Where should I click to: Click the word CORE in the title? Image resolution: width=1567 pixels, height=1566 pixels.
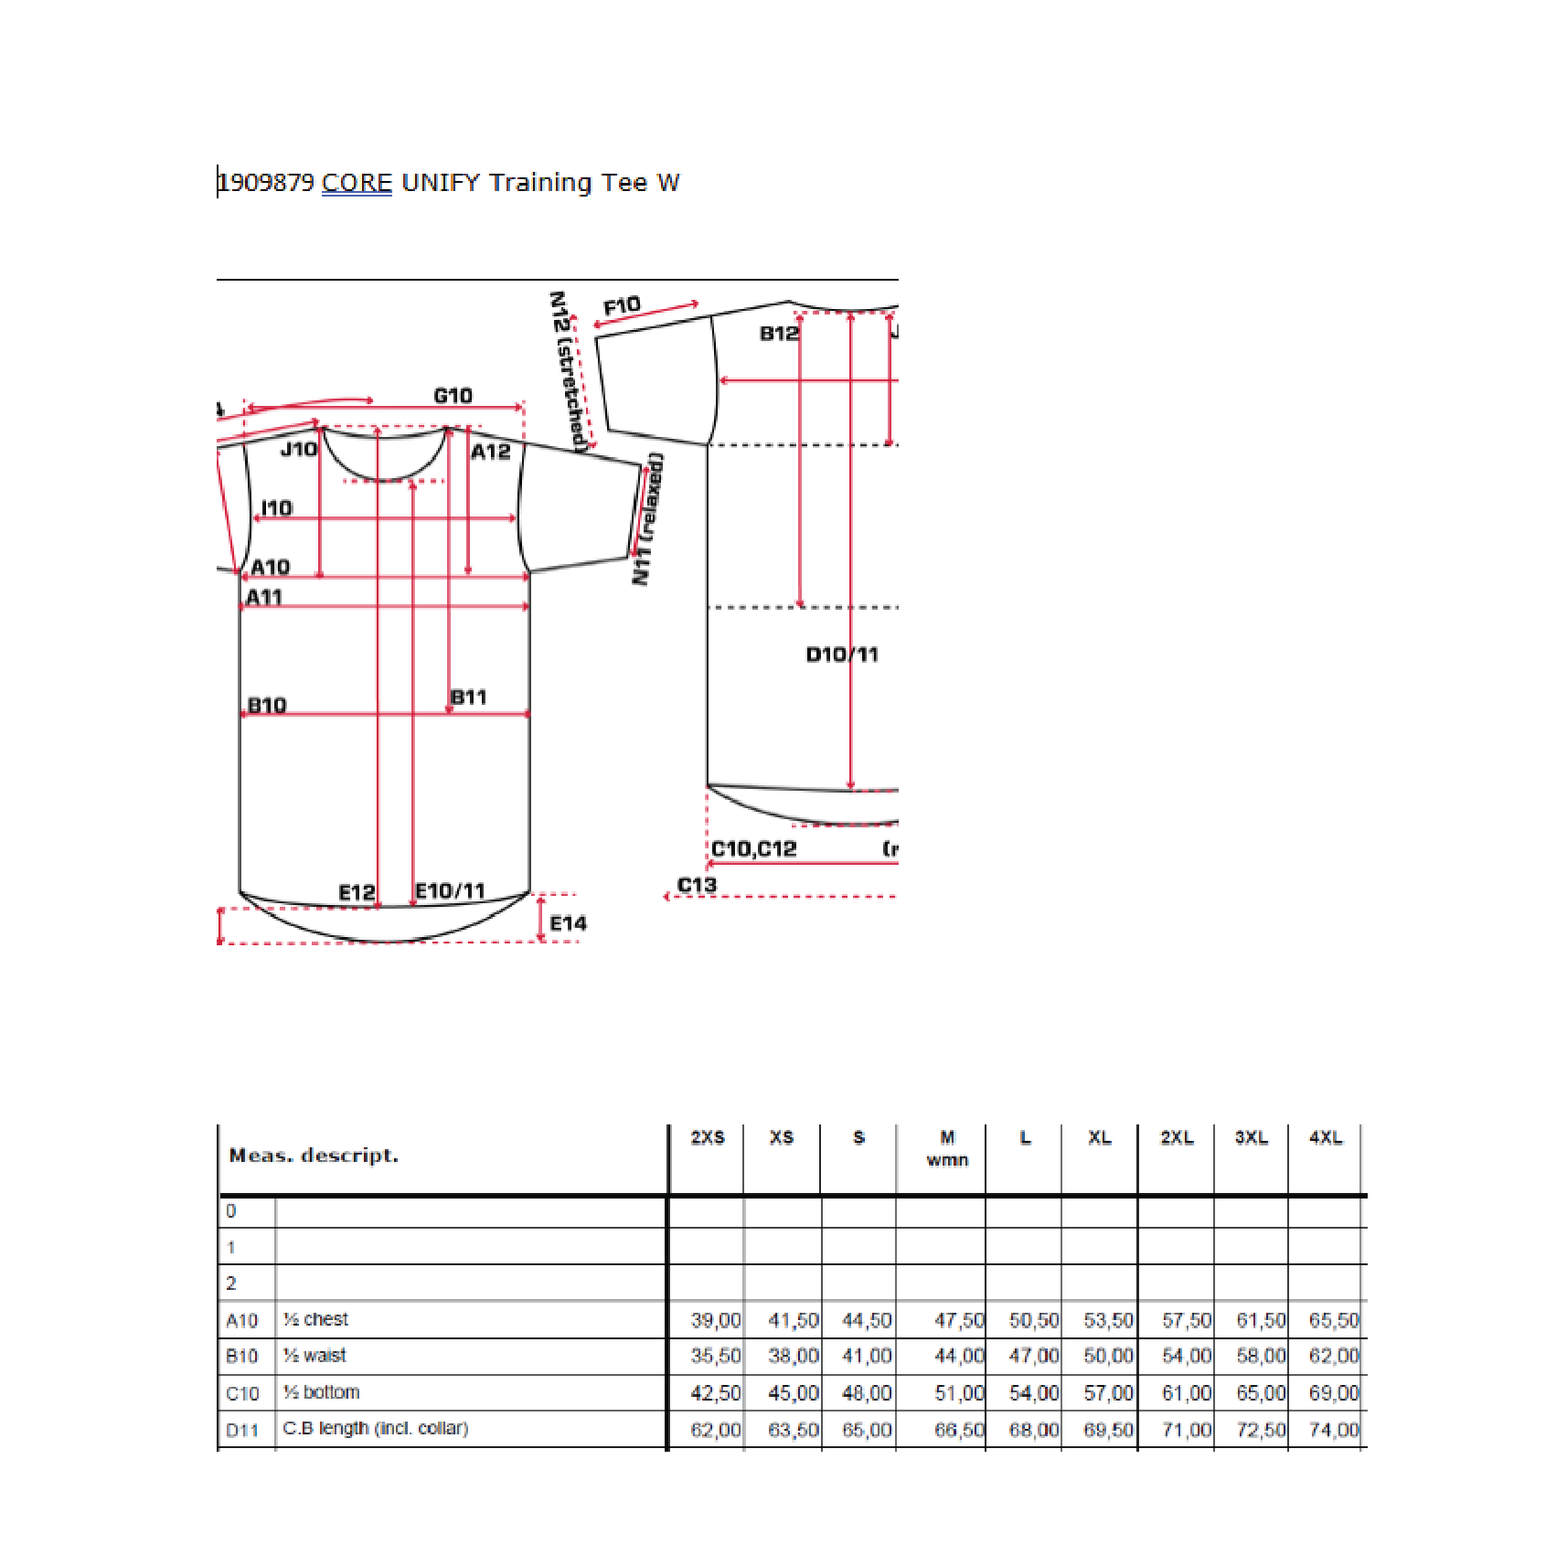click(357, 183)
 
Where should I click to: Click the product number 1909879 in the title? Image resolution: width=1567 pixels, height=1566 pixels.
click(267, 183)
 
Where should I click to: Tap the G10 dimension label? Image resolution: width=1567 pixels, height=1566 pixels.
click(453, 396)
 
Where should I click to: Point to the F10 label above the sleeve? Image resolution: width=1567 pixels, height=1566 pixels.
click(622, 306)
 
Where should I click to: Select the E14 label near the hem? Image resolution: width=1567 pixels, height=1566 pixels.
click(569, 923)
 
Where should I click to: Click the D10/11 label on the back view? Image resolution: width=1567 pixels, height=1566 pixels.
click(842, 655)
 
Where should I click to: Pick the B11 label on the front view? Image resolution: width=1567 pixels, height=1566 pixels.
click(468, 698)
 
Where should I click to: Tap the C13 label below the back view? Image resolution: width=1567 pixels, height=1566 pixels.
click(697, 885)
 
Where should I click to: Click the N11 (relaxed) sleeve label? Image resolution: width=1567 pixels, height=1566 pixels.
click(648, 518)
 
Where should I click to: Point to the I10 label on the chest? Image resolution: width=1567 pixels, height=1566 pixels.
click(277, 508)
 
